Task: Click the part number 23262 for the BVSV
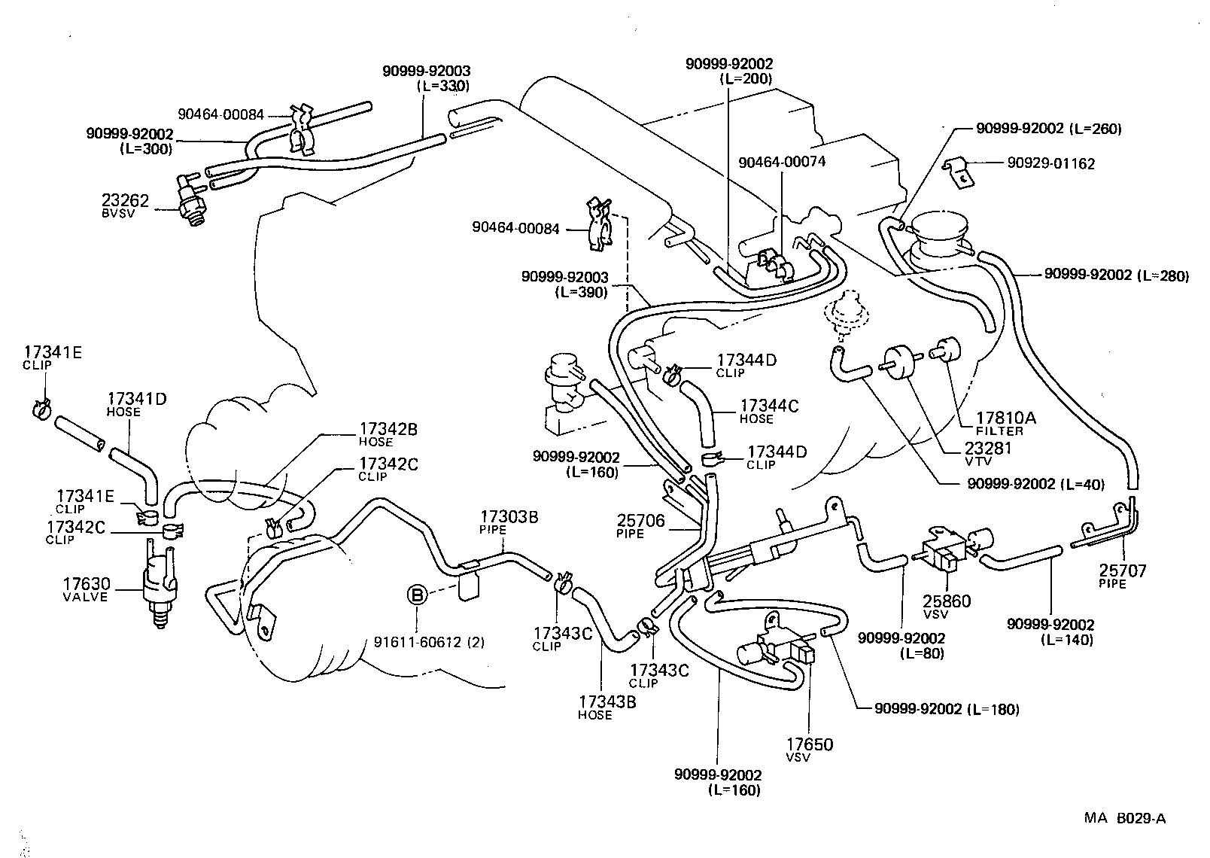coord(125,201)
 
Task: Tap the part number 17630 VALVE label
coord(86,584)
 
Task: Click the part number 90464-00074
coord(783,162)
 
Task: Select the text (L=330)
coord(443,86)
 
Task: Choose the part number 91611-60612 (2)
coord(429,642)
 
